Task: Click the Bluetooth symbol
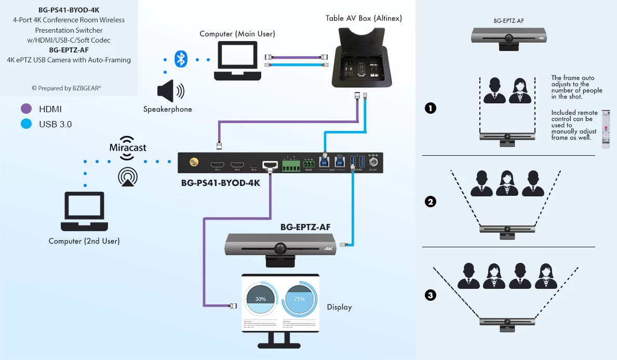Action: coord(180,59)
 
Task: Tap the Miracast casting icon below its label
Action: coord(128,176)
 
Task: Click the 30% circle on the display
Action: coord(260,299)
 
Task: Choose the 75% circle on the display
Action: coord(299,299)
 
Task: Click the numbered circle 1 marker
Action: coord(430,109)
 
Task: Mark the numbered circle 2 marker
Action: coord(430,202)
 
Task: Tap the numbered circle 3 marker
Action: coord(430,295)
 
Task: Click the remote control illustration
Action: coord(606,129)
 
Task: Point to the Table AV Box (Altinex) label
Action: coord(364,18)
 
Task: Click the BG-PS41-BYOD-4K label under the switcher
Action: coord(221,183)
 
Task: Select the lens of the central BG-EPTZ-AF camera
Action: coord(280,248)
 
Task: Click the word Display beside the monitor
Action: coord(339,307)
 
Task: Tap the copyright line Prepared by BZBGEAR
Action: coord(66,88)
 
